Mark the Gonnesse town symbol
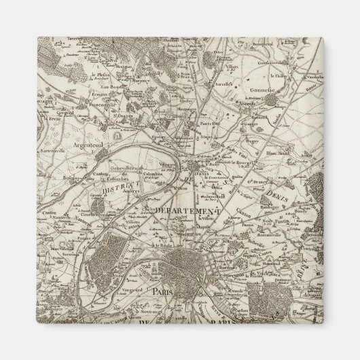click(x=273, y=100)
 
